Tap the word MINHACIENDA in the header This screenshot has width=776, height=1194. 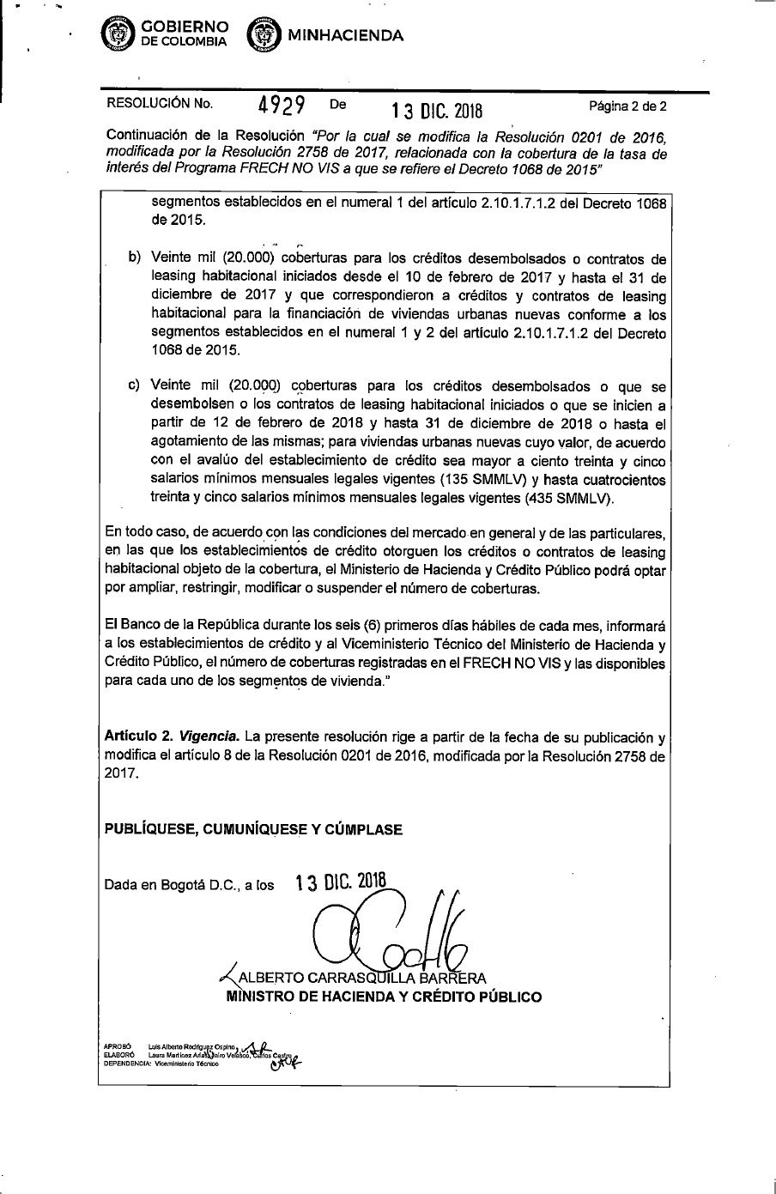(346, 35)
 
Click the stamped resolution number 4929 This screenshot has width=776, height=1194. (283, 106)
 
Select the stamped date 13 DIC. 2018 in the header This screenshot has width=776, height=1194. (437, 112)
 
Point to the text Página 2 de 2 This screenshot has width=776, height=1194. (627, 107)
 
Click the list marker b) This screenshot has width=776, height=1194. (134, 258)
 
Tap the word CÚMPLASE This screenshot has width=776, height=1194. (361, 829)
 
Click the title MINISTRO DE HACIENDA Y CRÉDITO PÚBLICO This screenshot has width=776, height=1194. (384, 997)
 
